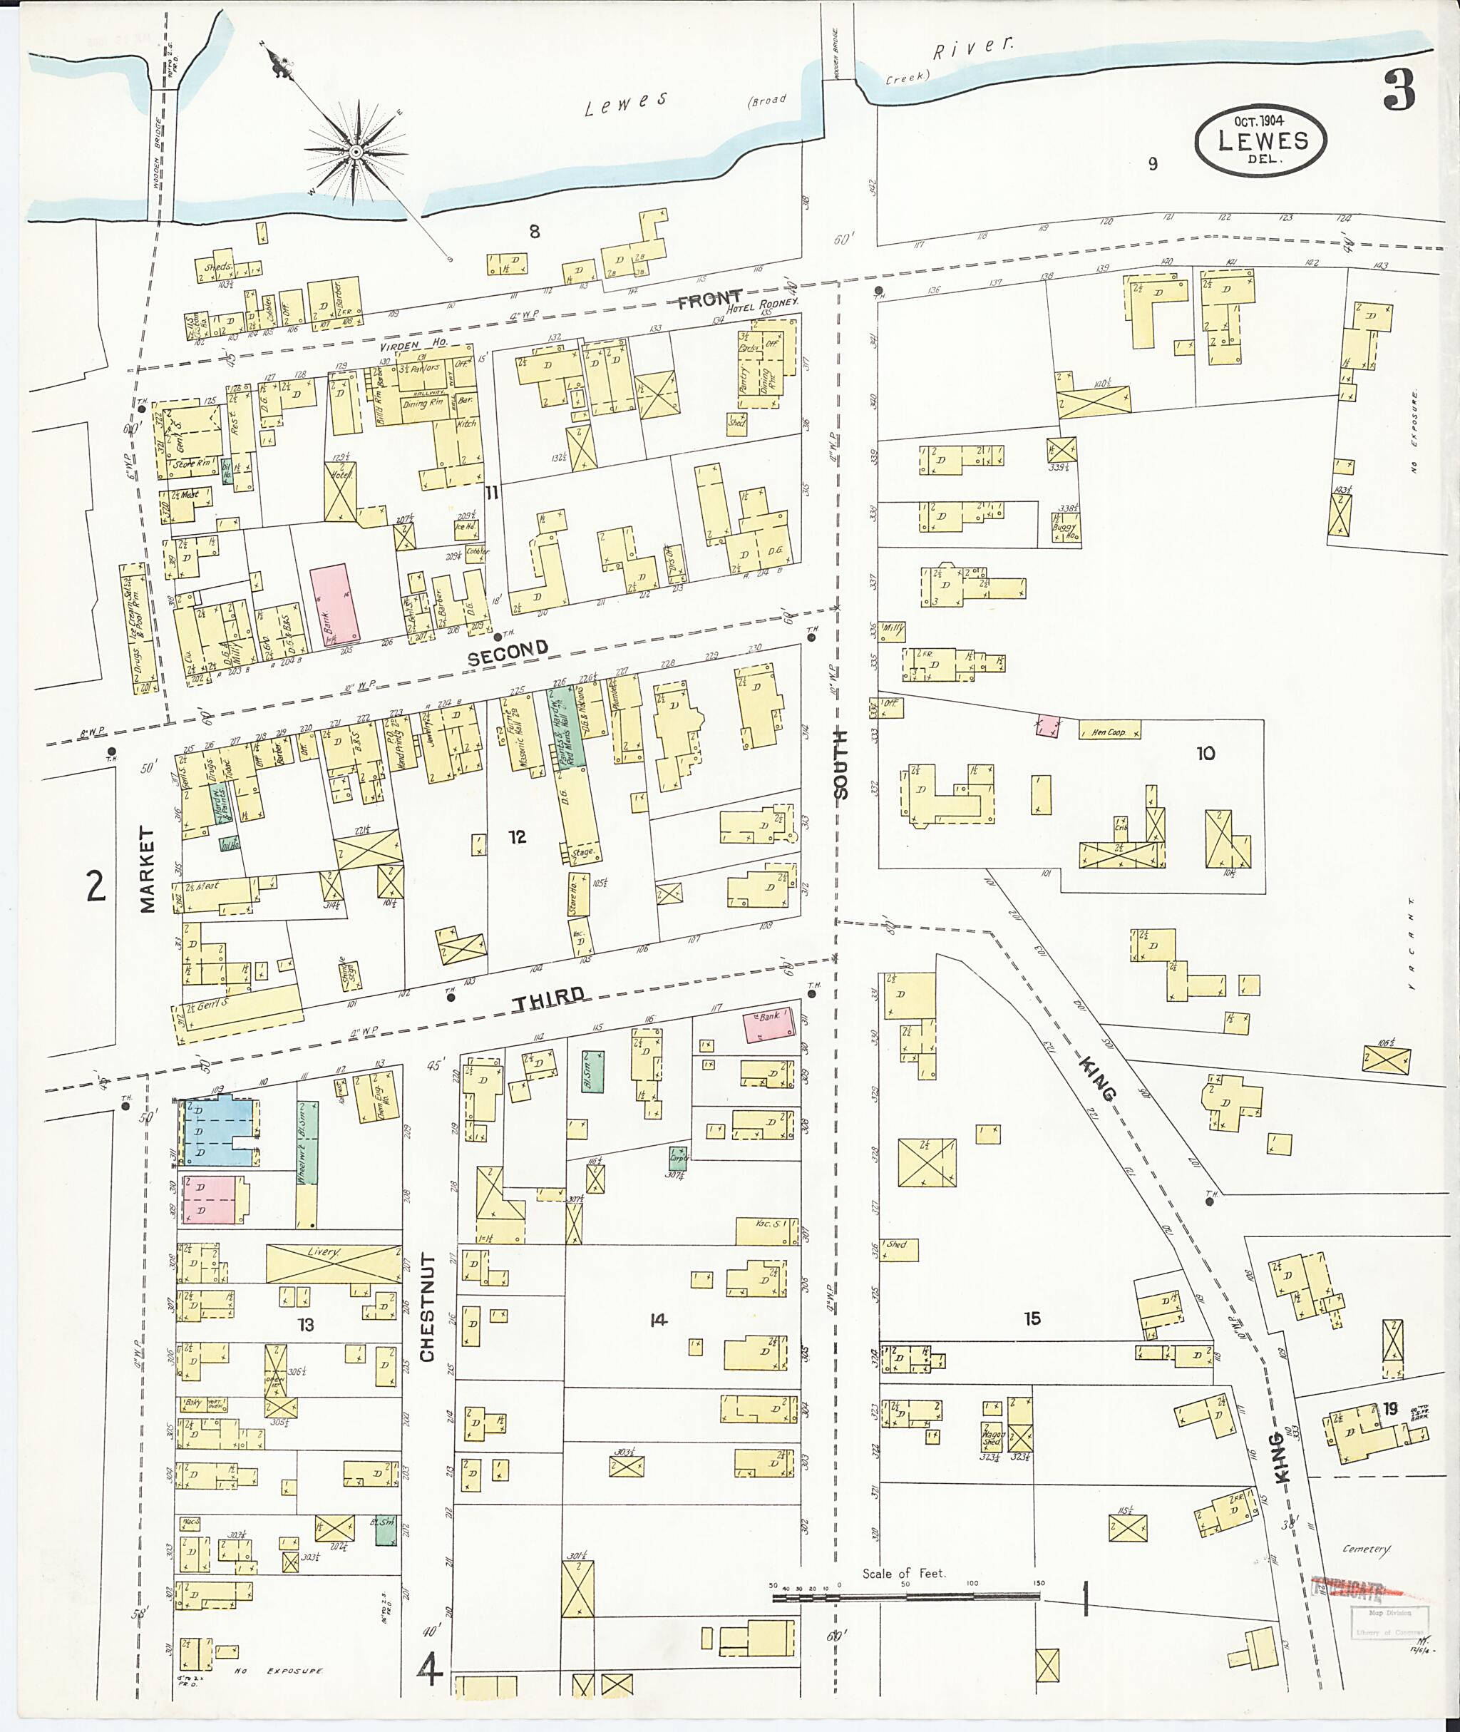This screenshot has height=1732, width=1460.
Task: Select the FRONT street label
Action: pyautogui.click(x=709, y=299)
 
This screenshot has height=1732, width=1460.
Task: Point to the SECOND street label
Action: pyautogui.click(x=508, y=652)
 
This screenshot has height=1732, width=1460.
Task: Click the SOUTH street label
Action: pyautogui.click(x=841, y=764)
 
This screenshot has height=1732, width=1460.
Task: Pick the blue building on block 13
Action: pyautogui.click(x=215, y=1132)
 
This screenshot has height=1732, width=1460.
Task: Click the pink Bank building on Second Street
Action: pyautogui.click(x=335, y=603)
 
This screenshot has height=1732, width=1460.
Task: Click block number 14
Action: pyautogui.click(x=658, y=1320)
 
